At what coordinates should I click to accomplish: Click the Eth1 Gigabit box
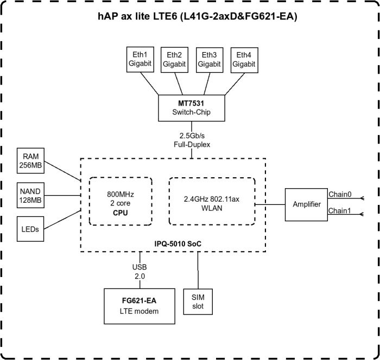(140, 59)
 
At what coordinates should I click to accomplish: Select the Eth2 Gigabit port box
(174, 59)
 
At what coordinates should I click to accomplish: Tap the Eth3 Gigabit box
(209, 59)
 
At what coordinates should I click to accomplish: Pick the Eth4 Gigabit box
(244, 59)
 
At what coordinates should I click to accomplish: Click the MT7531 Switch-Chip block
(191, 107)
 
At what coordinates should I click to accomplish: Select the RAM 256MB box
(31, 161)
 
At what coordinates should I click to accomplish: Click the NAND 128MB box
(31, 196)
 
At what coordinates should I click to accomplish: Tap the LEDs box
(31, 229)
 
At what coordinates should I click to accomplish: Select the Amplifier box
(306, 204)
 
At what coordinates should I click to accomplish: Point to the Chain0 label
(340, 194)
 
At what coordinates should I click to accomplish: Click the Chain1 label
(340, 210)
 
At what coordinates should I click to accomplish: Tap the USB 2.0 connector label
(140, 271)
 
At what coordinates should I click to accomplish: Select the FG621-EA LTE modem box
(140, 305)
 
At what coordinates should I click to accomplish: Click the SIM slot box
(198, 302)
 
